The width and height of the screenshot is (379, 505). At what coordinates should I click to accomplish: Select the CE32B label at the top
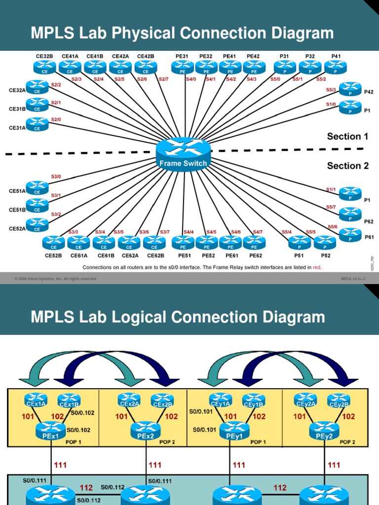pyautogui.click(x=44, y=57)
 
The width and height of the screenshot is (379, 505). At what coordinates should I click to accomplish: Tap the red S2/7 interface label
pyautogui.click(x=163, y=79)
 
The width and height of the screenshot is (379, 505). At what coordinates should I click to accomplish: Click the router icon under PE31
pyautogui.click(x=182, y=68)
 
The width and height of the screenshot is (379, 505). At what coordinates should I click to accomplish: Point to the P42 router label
pyautogui.click(x=369, y=92)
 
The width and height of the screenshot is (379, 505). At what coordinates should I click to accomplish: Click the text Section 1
pyautogui.click(x=347, y=137)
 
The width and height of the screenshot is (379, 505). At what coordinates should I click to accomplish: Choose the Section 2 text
pyautogui.click(x=347, y=166)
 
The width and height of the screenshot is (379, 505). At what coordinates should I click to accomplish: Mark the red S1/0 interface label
pyautogui.click(x=331, y=104)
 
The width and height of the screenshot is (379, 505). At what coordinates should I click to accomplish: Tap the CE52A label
pyautogui.click(x=17, y=229)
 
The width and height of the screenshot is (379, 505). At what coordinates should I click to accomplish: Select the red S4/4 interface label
pyautogui.click(x=189, y=232)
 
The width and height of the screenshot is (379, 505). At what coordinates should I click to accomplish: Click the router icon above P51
pyautogui.click(x=300, y=242)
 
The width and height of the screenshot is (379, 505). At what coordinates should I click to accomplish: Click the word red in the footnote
pyautogui.click(x=317, y=267)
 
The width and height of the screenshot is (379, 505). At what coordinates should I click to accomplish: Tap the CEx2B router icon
pyautogui.click(x=162, y=400)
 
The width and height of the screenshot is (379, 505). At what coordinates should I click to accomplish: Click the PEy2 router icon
pyautogui.click(x=324, y=430)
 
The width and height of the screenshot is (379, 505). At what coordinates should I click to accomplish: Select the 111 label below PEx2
pyautogui.click(x=155, y=465)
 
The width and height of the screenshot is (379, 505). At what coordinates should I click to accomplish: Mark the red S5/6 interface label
pyautogui.click(x=333, y=227)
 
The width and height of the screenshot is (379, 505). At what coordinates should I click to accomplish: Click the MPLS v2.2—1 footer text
pyautogui.click(x=352, y=279)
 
